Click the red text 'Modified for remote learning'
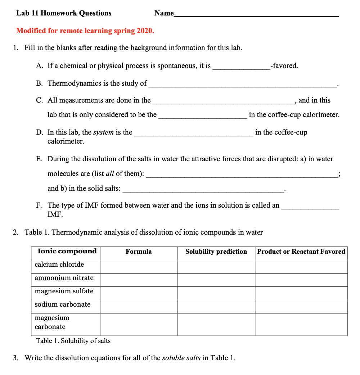coord(85,31)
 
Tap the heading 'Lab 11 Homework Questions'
coord(64,13)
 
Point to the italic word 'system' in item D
coord(103,132)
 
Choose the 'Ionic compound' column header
coord(67,251)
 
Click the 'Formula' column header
coord(139,252)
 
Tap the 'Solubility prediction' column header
coord(216,252)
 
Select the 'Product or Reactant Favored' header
coord(301,252)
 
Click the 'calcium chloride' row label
coord(59,265)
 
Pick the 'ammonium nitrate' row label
coord(64,278)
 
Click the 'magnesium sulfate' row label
coord(64,291)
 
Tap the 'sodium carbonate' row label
coord(62,304)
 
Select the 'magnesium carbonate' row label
coord(52,322)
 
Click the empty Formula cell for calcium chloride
coord(139,266)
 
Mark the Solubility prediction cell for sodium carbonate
coord(216,306)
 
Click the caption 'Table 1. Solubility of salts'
coord(73,340)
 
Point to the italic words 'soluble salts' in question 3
coord(181,358)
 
